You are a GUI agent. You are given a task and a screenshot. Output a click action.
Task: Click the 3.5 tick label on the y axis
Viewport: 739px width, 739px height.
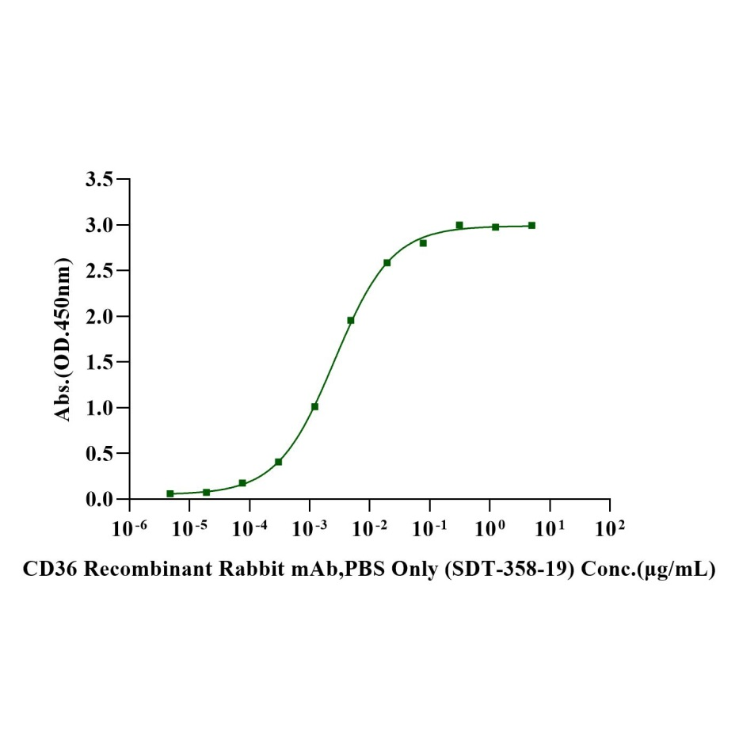pyautogui.click(x=100, y=180)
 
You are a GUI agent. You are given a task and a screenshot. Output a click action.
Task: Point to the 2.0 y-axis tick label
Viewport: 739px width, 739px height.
pyautogui.click(x=100, y=317)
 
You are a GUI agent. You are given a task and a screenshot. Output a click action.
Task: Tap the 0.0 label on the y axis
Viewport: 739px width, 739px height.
pyautogui.click(x=100, y=500)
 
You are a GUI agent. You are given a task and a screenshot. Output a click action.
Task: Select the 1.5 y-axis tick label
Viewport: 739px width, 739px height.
pyautogui.click(x=100, y=363)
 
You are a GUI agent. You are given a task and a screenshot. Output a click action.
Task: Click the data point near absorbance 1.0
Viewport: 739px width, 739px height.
pyautogui.click(x=314, y=406)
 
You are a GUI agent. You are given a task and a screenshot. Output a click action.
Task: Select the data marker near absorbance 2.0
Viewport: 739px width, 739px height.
pyautogui.click(x=351, y=320)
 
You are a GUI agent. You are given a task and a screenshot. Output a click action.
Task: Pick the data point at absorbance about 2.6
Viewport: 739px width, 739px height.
pyautogui.click(x=387, y=262)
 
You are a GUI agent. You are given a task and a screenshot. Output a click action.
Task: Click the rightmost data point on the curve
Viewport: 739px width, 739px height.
pyautogui.click(x=531, y=226)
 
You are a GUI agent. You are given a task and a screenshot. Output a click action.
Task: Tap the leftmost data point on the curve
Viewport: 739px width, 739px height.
pyautogui.click(x=170, y=493)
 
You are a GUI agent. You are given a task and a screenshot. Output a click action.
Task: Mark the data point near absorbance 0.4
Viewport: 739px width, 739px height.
pyautogui.click(x=278, y=462)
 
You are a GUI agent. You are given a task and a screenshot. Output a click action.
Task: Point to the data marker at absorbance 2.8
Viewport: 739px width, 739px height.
pyautogui.click(x=423, y=243)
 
